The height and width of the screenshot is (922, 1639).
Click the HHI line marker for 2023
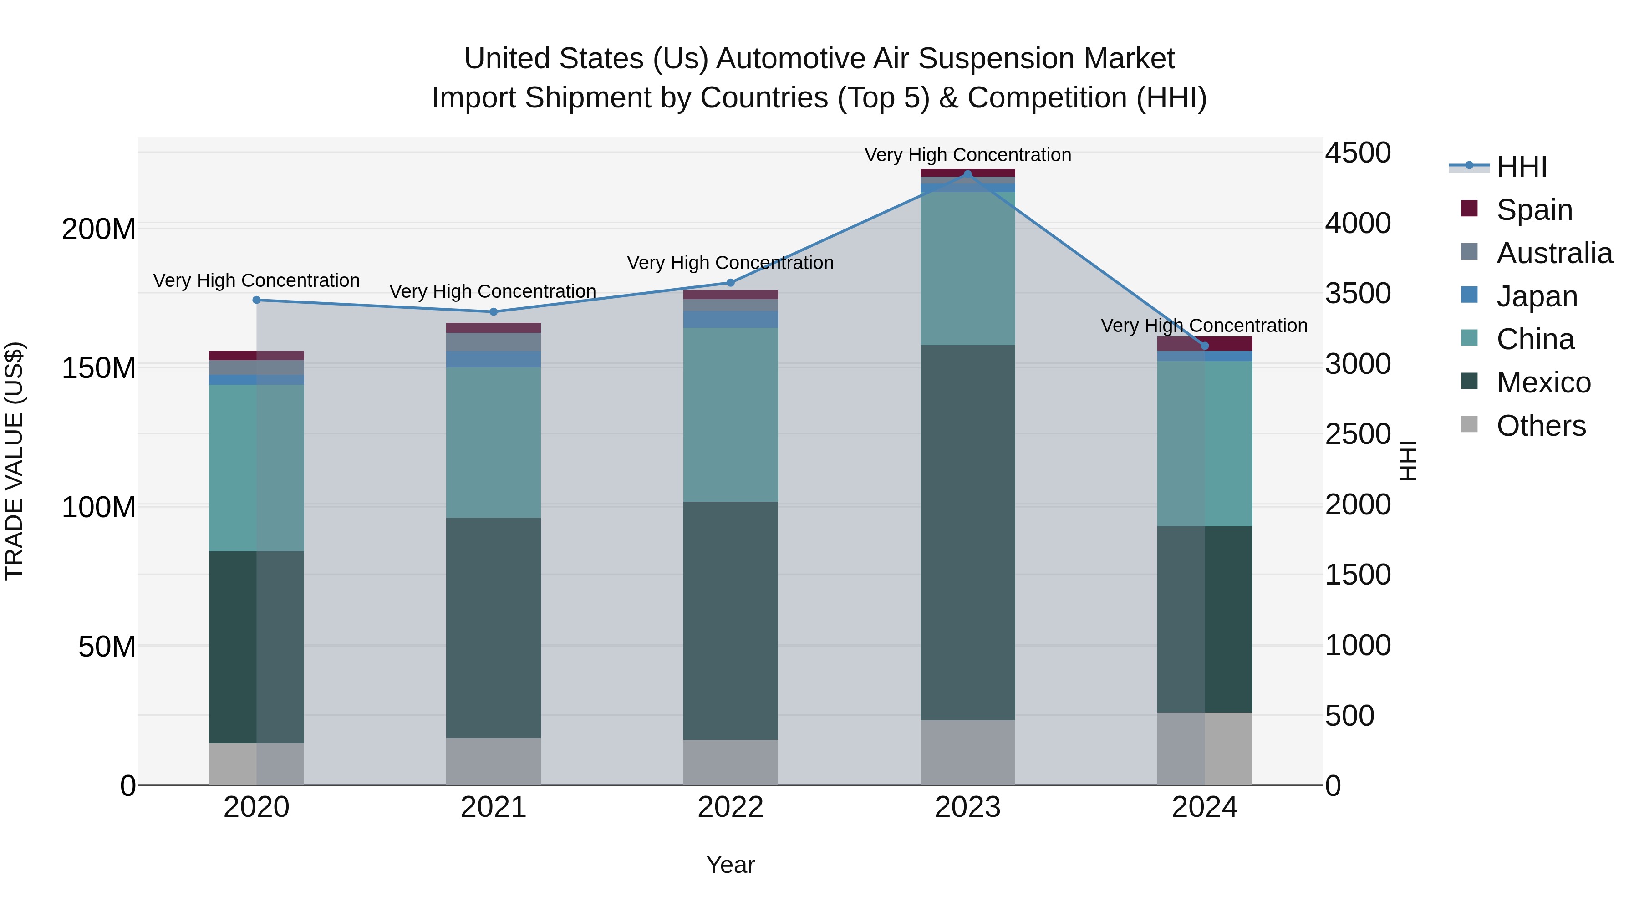[968, 174]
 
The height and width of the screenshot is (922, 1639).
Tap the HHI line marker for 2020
[256, 300]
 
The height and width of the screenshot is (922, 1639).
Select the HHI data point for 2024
[1204, 346]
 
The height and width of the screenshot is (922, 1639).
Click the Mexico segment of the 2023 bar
[968, 533]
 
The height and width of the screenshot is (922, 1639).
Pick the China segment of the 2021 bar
[493, 442]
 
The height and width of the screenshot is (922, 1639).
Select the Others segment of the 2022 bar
[730, 762]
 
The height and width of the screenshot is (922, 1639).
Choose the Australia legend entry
[1554, 253]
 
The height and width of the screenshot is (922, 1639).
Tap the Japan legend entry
[1536, 296]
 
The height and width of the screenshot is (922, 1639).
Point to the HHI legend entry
[1521, 167]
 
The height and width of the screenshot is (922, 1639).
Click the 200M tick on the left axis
[99, 229]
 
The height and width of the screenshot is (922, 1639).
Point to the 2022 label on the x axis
[730, 807]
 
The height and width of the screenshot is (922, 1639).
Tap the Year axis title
[730, 865]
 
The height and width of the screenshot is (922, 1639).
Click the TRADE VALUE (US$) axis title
[14, 461]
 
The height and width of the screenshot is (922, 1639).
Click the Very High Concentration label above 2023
[968, 155]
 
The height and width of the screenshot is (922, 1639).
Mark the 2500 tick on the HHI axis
[1358, 435]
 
